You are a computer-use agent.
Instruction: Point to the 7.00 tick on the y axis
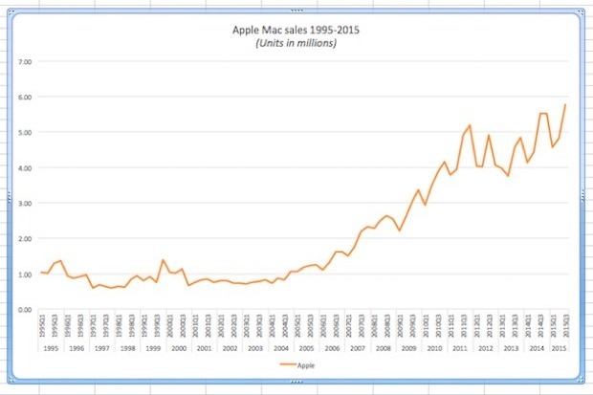coord(27,62)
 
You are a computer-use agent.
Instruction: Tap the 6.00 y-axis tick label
coord(27,98)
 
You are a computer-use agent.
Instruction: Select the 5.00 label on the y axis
coord(27,133)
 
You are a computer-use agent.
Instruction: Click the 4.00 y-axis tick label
coord(27,168)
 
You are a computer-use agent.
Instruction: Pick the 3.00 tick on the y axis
coord(27,204)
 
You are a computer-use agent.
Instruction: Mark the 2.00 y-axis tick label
coord(27,239)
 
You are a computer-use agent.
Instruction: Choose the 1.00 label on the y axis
coord(27,274)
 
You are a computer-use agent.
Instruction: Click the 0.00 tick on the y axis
coord(27,310)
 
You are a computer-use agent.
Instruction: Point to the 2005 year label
coord(306,349)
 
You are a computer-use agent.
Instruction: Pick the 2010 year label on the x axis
coord(434,349)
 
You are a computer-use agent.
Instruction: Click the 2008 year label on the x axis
coord(383,349)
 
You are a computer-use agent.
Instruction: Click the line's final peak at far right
coord(565,104)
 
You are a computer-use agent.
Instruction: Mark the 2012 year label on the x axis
coord(485,349)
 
